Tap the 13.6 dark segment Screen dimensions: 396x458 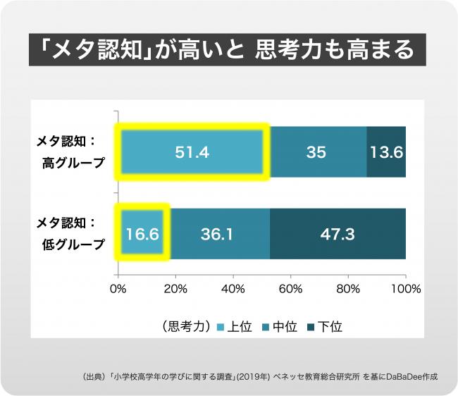coord(386,151)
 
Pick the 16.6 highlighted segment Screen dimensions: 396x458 coord(142,233)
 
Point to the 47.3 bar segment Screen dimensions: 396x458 coord(338,233)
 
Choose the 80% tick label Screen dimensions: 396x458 coord(348,288)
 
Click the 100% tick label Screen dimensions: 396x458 coord(404,288)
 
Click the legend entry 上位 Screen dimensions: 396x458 coord(237,326)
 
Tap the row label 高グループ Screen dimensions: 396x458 coord(73,163)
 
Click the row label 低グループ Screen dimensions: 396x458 coord(73,245)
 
